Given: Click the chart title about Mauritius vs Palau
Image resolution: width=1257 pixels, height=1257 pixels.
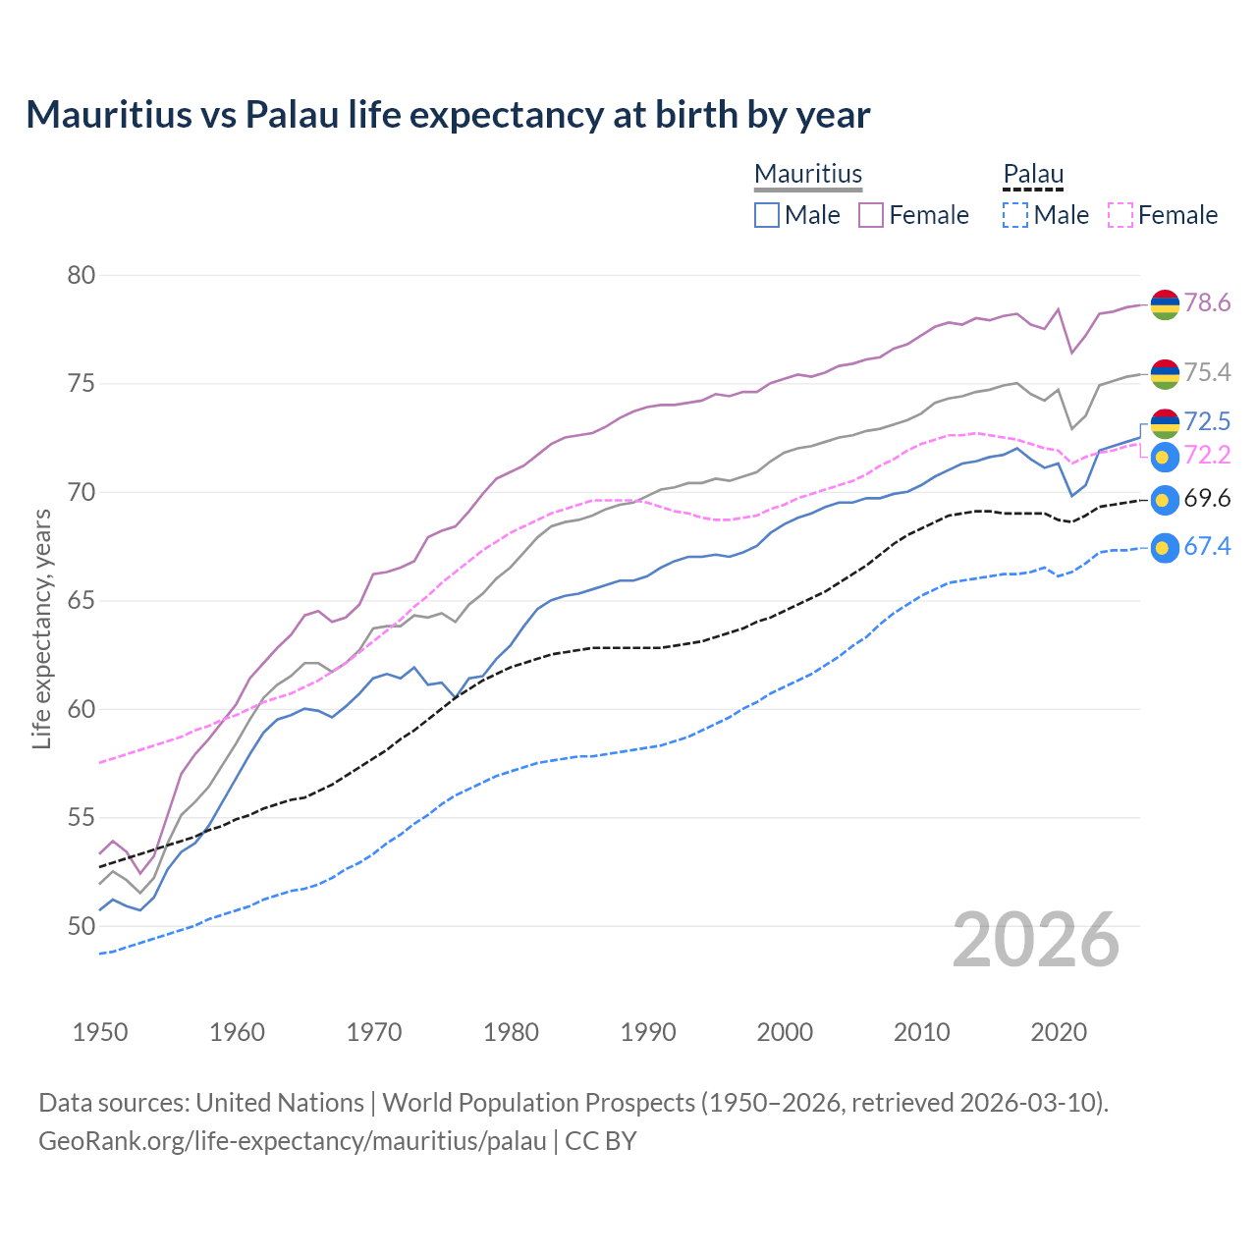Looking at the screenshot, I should (448, 115).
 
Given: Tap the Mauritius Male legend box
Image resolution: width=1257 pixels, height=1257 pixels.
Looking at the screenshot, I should (767, 215).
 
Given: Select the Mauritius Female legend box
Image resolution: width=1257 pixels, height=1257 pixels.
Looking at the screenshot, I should (871, 215).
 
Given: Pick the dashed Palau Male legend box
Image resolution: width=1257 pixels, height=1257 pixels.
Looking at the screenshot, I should (1015, 215).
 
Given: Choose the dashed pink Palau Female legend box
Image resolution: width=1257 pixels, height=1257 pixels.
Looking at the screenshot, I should (1120, 215).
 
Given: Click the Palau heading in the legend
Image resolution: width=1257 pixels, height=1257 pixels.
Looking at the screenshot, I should (1033, 175).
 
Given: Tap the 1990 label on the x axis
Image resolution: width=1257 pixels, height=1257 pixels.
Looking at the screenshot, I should (648, 1032).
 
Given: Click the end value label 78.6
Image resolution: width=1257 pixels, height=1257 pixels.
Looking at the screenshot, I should (1207, 302).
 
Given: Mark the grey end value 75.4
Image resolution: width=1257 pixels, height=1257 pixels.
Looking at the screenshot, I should (1207, 372).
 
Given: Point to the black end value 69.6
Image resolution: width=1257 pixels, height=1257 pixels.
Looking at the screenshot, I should (1207, 499).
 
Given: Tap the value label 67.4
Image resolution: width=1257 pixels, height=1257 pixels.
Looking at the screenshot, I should (1207, 547).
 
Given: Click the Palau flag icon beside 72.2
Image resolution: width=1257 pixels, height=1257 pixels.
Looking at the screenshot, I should (1164, 457).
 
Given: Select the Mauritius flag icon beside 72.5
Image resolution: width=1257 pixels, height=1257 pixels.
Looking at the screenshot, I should (1164, 422).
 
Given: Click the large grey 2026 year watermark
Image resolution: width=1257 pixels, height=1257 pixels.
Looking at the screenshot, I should (1036, 940).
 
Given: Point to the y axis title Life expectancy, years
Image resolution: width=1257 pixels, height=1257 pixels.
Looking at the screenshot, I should (41, 628).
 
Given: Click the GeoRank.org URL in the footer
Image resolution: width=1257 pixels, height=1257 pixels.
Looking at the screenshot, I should (292, 1141).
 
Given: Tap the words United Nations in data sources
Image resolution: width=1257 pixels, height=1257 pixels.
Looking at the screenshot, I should (280, 1103).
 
